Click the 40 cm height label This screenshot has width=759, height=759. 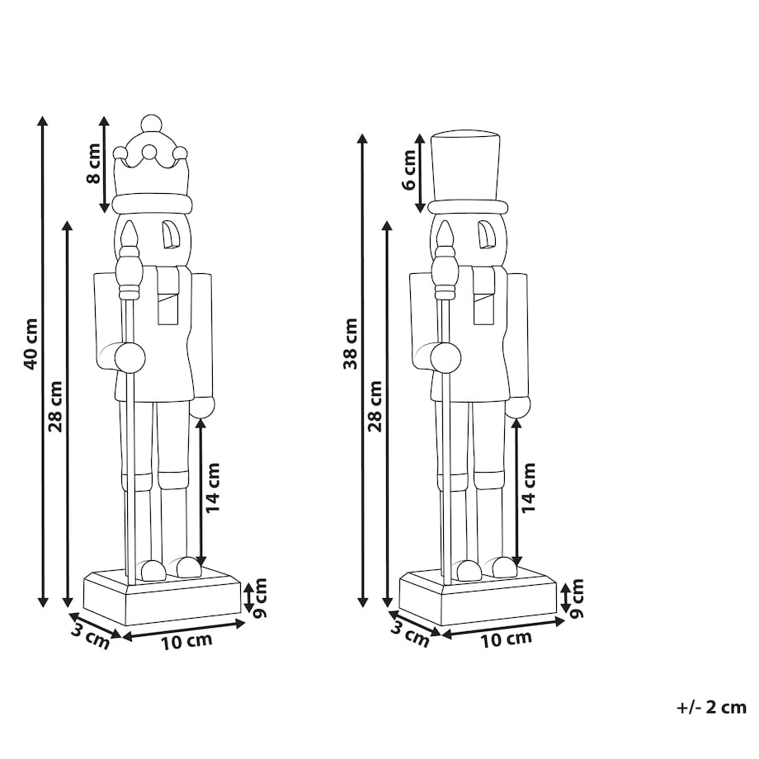pos(30,344)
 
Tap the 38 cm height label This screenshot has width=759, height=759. pos(350,344)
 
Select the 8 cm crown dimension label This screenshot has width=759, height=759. pos(93,163)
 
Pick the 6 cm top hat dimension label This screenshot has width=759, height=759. pos(409,170)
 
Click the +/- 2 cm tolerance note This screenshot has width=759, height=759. pos(711,707)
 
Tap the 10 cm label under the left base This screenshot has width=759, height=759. pos(186,641)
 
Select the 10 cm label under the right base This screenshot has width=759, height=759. pos(506,639)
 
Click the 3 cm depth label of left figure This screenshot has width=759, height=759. pos(91,636)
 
